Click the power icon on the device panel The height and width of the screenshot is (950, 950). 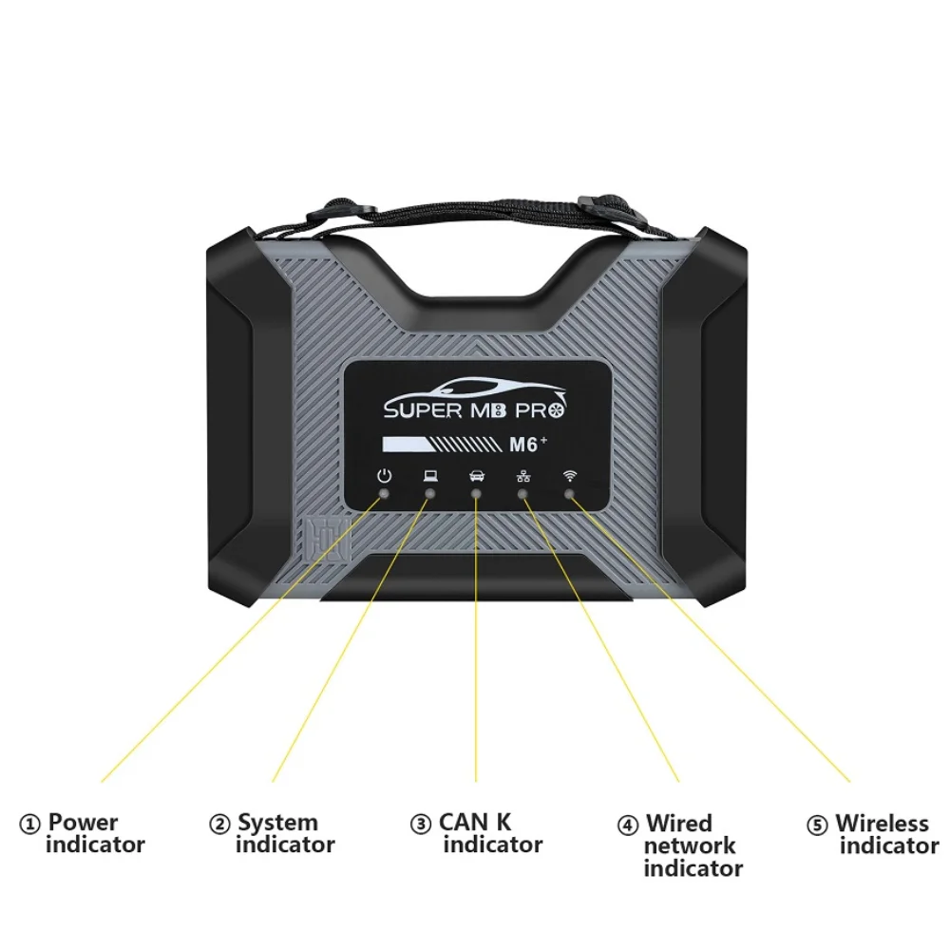[384, 476]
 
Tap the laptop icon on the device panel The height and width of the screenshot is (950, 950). [430, 476]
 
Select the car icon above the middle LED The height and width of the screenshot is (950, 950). [476, 477]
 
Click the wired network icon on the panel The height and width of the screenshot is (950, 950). [522, 477]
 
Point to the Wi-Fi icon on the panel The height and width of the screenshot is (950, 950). [569, 476]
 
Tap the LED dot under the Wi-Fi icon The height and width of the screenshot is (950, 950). [569, 494]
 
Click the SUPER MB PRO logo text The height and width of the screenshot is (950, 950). [476, 411]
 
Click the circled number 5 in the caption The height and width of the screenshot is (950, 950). [817, 826]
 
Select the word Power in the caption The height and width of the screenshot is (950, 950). [84, 823]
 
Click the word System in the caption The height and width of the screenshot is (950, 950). [277, 824]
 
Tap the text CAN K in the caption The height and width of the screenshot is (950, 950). [475, 823]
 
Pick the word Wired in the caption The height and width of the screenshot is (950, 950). [679, 824]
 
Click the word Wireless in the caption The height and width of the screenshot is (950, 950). [882, 824]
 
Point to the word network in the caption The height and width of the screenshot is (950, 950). [690, 845]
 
